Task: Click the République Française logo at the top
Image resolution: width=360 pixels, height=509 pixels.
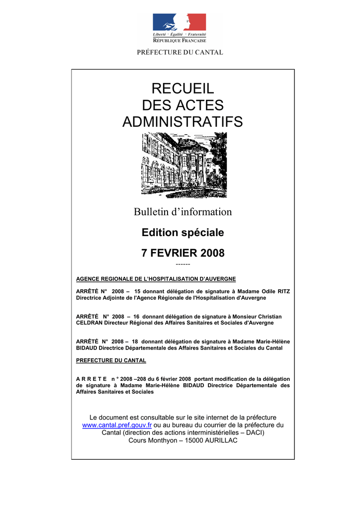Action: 179,28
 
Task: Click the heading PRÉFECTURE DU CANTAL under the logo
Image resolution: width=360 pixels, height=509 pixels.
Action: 180,52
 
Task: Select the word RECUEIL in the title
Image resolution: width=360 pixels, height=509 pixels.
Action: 182,89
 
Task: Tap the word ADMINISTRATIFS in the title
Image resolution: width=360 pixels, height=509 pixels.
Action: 182,121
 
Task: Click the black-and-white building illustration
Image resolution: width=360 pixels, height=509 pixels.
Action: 184,165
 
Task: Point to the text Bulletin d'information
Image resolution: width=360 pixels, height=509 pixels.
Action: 182,212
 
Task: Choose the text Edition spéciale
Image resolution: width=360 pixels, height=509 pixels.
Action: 182,233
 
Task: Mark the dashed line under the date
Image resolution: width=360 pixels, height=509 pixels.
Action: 182,264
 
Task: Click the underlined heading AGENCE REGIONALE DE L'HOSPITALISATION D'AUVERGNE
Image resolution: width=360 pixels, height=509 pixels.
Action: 156,279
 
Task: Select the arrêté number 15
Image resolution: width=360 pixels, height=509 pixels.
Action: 138,291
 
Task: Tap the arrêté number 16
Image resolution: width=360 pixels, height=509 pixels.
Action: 136,317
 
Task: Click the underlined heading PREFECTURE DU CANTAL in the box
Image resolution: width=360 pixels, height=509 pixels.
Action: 111,360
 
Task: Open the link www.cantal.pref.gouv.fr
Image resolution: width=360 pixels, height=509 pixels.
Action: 117,425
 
